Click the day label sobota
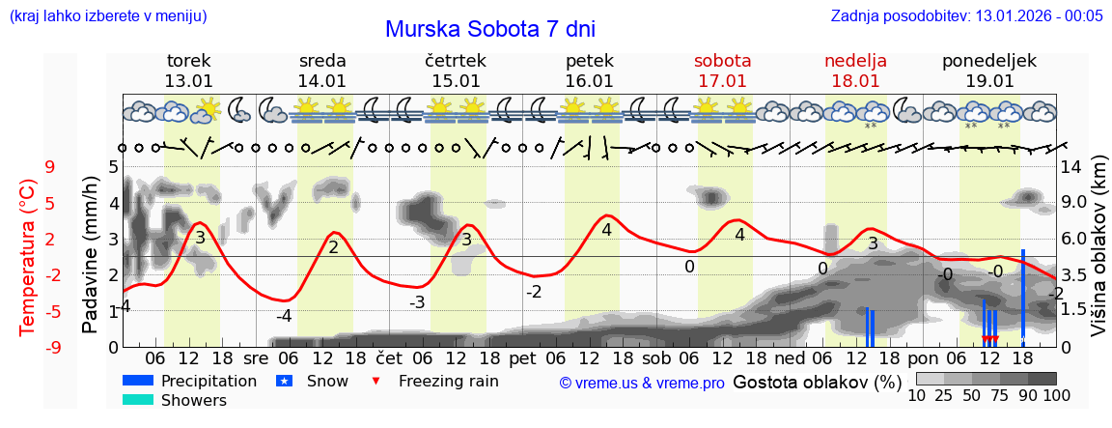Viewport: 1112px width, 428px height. tap(722, 61)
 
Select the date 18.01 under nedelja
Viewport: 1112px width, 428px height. tap(855, 81)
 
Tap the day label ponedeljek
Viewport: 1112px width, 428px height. tap(989, 61)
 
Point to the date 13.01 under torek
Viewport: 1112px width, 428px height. tap(189, 81)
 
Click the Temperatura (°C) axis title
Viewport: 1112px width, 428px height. tap(28, 257)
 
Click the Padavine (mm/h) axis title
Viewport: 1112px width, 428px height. tap(91, 255)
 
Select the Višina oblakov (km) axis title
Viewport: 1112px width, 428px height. tap(1098, 255)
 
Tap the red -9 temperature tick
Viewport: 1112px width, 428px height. tap(48, 347)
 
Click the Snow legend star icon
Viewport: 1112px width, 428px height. tap(284, 381)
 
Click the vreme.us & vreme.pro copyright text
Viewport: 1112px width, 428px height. tap(642, 383)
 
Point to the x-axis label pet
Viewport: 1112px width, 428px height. tap(522, 357)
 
